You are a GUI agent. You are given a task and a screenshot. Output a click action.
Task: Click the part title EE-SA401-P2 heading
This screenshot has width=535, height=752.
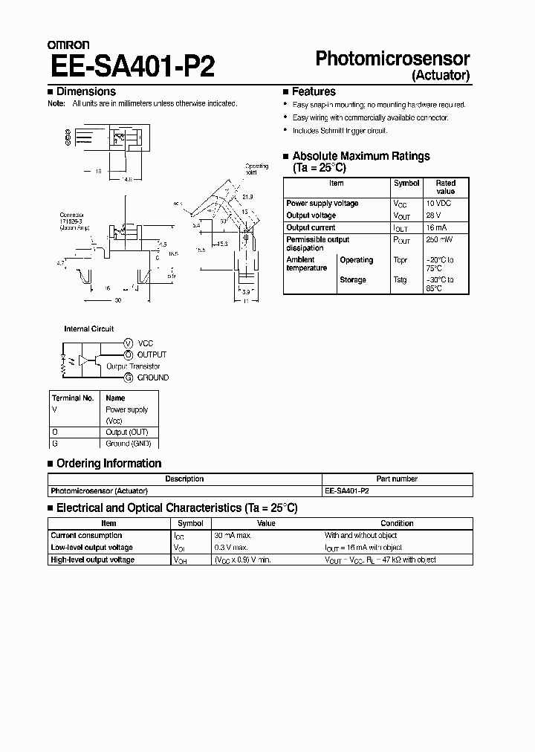point(132,66)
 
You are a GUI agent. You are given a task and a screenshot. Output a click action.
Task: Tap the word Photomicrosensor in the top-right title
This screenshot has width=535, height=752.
point(393,59)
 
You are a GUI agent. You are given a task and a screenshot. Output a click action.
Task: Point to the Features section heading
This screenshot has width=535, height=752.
point(314,91)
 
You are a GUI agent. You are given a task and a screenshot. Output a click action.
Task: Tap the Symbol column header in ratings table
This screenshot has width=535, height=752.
point(406,183)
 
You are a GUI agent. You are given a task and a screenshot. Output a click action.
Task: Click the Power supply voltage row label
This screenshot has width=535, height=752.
point(322,203)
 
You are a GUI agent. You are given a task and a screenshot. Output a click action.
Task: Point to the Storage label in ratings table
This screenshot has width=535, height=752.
point(353,279)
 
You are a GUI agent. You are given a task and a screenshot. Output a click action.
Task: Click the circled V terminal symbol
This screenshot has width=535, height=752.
point(128,343)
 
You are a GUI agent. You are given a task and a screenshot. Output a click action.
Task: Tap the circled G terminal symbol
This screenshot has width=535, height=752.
point(128,377)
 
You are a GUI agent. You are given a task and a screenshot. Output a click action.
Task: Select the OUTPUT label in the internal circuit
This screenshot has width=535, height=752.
point(152,354)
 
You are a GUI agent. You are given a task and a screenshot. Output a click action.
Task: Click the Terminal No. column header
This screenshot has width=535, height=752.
point(73,398)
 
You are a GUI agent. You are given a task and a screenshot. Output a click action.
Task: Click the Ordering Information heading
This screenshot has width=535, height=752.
point(108,464)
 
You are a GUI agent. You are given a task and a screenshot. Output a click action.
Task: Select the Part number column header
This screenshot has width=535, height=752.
point(398,479)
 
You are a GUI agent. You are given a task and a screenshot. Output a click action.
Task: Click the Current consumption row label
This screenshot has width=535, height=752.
point(86,535)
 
